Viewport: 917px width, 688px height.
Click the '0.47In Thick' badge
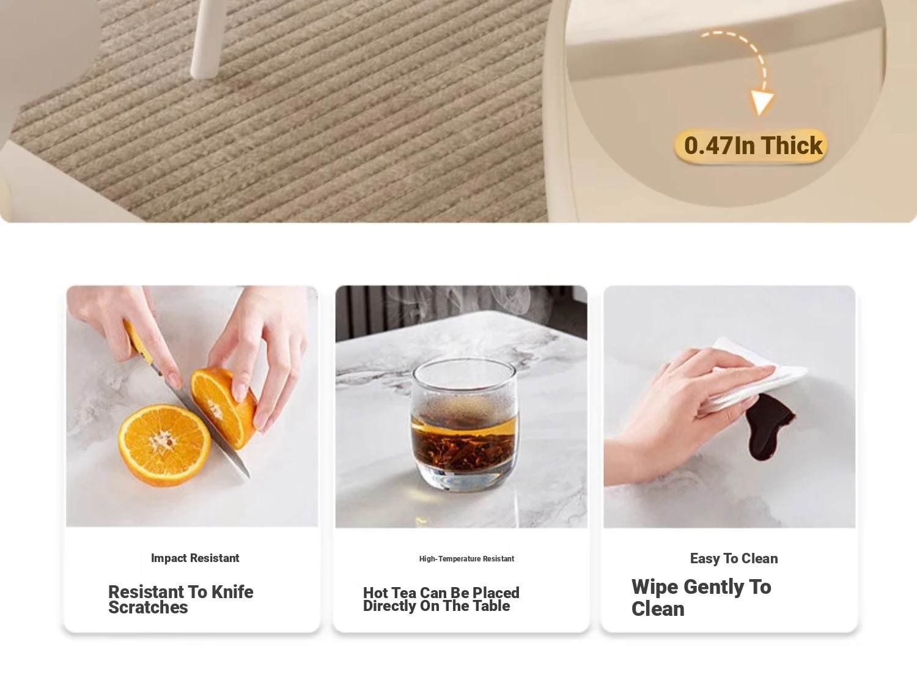click(x=750, y=146)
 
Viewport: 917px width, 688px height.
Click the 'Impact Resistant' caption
click(x=195, y=558)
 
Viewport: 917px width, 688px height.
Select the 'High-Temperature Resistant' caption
click(x=466, y=559)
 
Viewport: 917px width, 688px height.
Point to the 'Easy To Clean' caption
click(x=734, y=558)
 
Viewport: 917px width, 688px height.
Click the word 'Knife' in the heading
click(x=232, y=592)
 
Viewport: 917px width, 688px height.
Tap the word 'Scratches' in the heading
click(x=148, y=607)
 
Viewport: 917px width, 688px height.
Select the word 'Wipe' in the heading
click(x=655, y=587)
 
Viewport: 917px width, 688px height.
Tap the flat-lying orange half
click(x=164, y=445)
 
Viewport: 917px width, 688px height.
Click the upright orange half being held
click(x=224, y=408)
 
